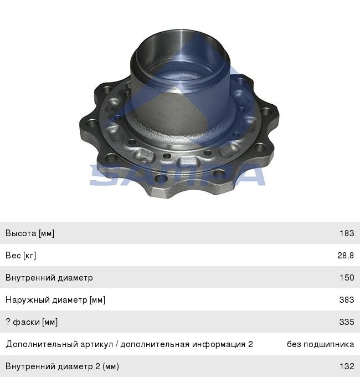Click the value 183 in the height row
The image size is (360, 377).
click(347, 233)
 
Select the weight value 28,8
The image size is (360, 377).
click(346, 256)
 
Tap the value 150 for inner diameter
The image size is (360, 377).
click(347, 277)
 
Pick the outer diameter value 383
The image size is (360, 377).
click(347, 299)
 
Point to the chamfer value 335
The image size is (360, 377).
click(347, 322)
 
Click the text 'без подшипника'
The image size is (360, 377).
click(320, 344)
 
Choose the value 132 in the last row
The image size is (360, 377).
click(347, 366)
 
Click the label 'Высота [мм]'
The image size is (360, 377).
click(30, 233)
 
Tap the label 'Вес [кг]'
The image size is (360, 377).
click(20, 256)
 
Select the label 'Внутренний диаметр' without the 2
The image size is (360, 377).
click(49, 278)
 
